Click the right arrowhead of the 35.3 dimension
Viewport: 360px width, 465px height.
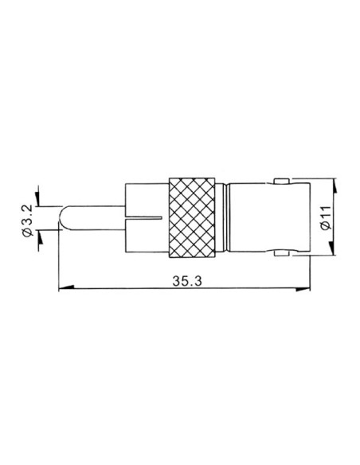304,288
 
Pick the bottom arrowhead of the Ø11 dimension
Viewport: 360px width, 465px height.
337,248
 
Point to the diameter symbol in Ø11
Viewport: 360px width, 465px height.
324,229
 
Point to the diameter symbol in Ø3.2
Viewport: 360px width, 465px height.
29,232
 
